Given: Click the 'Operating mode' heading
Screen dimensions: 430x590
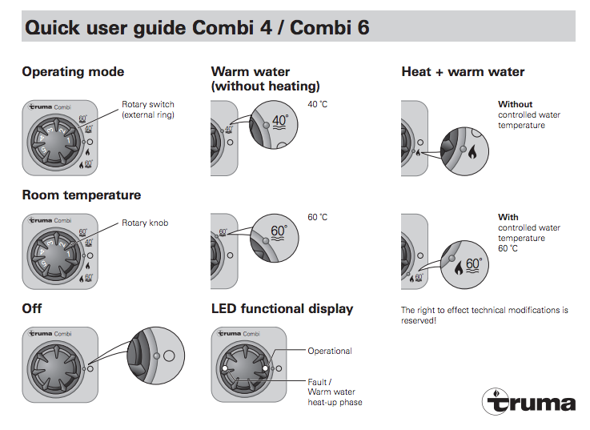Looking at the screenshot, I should [73, 72].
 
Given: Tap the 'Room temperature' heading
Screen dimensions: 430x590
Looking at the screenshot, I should [81, 195].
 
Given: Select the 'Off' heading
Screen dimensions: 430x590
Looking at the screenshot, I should [32, 309].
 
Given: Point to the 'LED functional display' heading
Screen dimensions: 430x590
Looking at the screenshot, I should [282, 309].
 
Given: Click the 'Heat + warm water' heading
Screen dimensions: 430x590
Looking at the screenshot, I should [463, 72].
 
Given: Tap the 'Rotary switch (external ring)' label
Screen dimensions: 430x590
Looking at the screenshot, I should [147, 110].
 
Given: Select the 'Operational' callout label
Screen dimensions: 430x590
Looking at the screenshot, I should [330, 351].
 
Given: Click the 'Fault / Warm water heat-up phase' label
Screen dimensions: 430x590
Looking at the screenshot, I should [335, 392].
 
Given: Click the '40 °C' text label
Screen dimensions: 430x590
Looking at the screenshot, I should [318, 104].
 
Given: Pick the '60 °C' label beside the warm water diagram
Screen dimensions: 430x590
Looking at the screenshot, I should [318, 218].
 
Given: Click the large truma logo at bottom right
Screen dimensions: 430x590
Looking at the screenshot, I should [528, 400].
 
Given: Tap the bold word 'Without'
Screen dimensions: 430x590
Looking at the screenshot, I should [515, 104].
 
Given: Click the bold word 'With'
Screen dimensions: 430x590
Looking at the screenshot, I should [508, 217].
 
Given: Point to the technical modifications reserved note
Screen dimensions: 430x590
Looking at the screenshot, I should [484, 315].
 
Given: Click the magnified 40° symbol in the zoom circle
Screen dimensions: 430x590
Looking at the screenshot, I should [280, 123].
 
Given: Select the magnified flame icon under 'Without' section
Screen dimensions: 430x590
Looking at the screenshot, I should [472, 152].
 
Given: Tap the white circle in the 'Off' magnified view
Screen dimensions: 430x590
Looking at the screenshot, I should [169, 355].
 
